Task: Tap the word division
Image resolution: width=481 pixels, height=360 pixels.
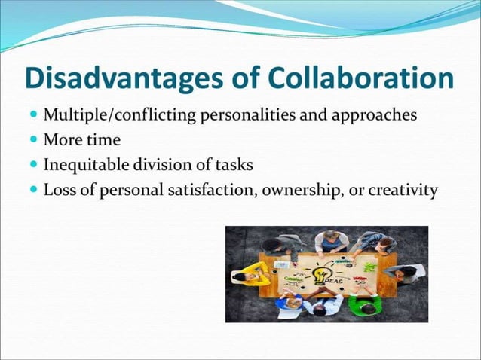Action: (166, 165)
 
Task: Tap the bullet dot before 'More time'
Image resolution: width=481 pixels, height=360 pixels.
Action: (35, 141)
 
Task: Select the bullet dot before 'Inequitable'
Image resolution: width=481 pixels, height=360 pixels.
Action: (35, 165)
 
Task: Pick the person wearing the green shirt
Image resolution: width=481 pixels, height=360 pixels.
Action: (366, 304)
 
